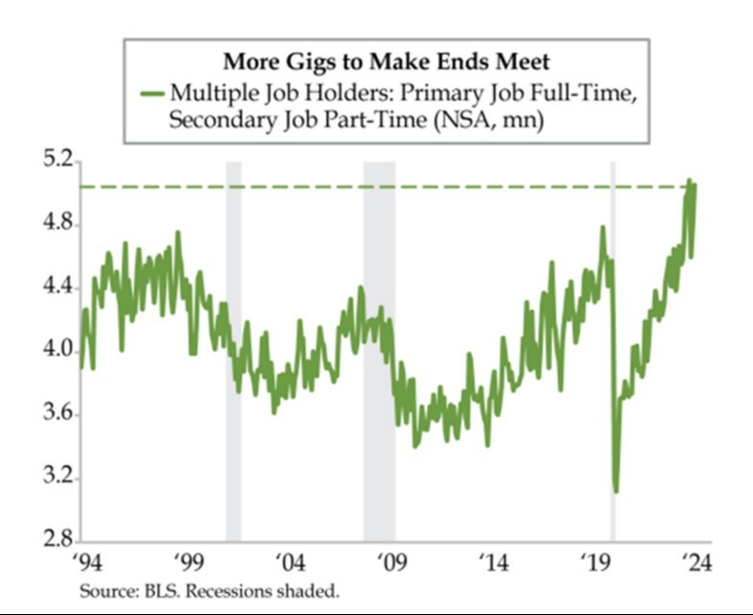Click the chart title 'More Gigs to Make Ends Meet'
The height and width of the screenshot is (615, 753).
pos(387,62)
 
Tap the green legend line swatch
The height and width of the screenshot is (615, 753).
pos(153,93)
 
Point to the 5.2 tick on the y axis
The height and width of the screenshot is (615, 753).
pos(58,159)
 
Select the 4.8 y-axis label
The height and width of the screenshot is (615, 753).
pos(58,224)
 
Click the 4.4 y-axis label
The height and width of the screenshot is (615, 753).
pos(58,287)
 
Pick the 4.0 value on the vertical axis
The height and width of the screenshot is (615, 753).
pos(58,350)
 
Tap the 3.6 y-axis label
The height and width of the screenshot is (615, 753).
pos(58,414)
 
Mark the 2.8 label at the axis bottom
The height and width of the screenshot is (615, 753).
pos(58,539)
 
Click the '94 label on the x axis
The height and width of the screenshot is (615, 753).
pos(88,562)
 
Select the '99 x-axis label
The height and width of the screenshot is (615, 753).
pos(189,562)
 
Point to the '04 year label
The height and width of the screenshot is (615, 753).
pos(291,562)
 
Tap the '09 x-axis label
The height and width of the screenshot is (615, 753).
pos(392,562)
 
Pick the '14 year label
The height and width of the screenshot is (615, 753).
pos(494,562)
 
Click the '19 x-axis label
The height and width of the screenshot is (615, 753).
pos(596,562)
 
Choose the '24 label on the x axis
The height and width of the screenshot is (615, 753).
pos(696,562)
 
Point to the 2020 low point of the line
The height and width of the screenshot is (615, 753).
pos(616,491)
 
